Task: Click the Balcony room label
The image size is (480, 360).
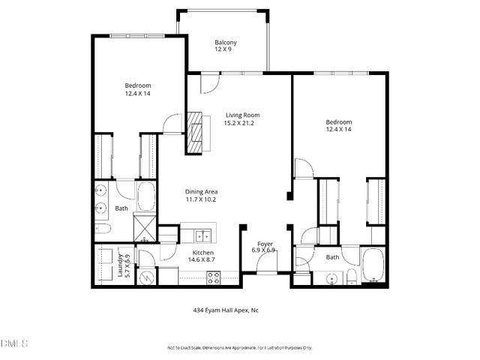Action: pyautogui.click(x=226, y=42)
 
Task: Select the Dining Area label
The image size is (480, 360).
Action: pyautogui.click(x=200, y=192)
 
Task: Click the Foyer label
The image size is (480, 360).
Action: pyautogui.click(x=265, y=243)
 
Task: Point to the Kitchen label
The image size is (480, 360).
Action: pyautogui.click(x=203, y=253)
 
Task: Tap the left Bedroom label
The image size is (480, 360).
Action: pyautogui.click(x=138, y=85)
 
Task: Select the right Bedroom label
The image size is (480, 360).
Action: pyautogui.click(x=338, y=121)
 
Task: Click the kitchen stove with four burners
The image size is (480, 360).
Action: pyautogui.click(x=213, y=275)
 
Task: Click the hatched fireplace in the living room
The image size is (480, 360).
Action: pyautogui.click(x=196, y=131)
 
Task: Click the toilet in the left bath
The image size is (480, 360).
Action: pyautogui.click(x=104, y=229)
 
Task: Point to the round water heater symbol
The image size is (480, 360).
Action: pyautogui.click(x=147, y=277)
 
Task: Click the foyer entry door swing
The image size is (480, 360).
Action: pyautogui.click(x=267, y=262)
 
